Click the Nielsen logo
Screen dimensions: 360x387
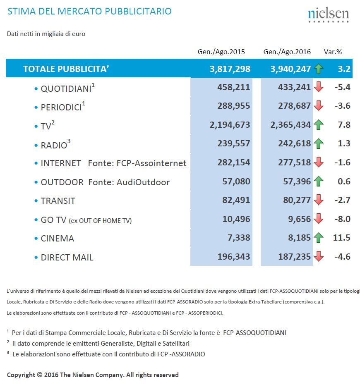point(329,15)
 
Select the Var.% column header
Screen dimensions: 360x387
point(333,52)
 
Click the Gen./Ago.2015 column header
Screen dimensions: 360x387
point(221,52)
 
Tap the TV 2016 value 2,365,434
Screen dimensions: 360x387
point(290,125)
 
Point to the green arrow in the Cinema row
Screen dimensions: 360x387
point(319,238)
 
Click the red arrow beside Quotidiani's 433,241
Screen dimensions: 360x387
point(319,87)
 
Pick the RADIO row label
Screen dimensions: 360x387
point(54,145)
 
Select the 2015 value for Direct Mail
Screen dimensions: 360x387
point(234,257)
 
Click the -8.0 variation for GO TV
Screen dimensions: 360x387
point(343,219)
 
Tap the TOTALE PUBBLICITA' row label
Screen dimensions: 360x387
point(66,69)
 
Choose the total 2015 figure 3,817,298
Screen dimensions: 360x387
point(230,69)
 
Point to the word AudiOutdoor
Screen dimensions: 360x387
point(143,182)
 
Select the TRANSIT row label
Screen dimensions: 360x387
point(58,201)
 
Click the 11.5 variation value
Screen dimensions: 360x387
point(342,238)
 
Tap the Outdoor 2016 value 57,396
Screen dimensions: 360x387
point(297,182)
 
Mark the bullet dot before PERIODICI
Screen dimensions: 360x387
point(36,107)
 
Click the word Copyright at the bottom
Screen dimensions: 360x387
point(21,375)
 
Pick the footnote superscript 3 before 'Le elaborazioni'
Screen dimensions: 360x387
point(8,352)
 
